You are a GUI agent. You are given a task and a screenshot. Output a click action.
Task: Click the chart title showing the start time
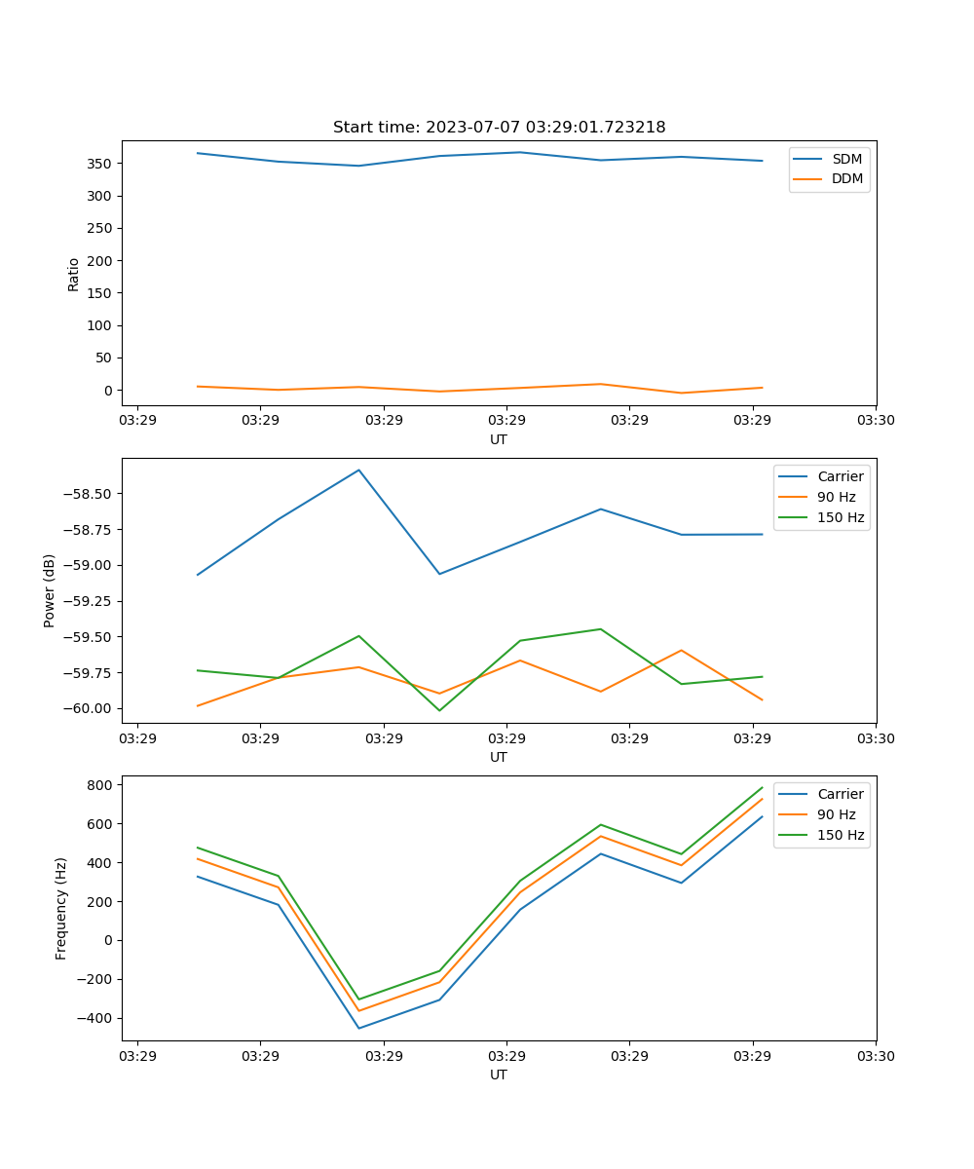coord(499,128)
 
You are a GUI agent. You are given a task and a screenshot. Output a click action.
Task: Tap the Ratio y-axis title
coord(74,274)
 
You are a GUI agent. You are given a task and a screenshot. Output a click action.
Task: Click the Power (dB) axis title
coord(50,590)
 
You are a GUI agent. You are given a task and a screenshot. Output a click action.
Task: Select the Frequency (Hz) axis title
coord(61,908)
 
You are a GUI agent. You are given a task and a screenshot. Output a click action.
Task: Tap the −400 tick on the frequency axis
coord(98,1018)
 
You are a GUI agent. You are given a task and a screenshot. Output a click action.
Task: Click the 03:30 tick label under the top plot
coord(876,421)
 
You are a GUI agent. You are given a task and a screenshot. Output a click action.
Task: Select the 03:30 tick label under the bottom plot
coord(876,1056)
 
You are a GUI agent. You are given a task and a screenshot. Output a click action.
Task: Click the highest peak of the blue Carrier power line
coord(358,470)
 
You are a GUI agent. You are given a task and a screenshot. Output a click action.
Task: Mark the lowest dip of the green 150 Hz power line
coord(439,710)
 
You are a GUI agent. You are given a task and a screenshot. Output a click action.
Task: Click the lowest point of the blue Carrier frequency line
coord(358,1028)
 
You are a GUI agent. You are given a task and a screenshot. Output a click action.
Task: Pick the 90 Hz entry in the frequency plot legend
coord(837,814)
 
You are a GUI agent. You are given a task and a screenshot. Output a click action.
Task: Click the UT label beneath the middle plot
coord(499,757)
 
